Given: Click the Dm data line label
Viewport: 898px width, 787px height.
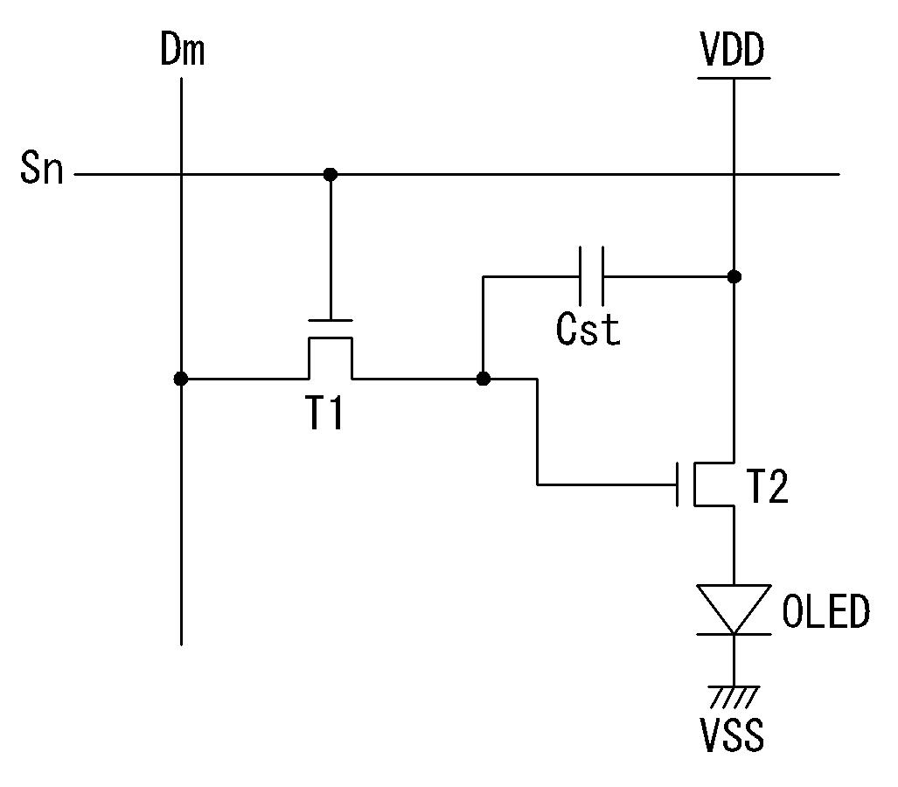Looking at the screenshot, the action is tap(182, 49).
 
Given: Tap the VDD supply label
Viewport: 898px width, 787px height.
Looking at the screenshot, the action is tap(733, 49).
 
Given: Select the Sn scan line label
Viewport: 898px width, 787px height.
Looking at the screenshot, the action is tap(41, 168).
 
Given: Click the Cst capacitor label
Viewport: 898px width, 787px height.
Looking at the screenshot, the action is tap(588, 329).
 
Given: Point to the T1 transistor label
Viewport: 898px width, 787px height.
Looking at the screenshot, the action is tap(324, 413).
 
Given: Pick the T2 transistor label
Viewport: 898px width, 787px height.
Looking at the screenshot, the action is tap(768, 486).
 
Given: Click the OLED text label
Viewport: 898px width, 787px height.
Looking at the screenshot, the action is tap(825, 611).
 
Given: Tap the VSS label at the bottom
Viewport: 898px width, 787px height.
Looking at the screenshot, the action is tap(733, 735).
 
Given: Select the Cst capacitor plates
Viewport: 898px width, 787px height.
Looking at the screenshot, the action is tap(591, 276).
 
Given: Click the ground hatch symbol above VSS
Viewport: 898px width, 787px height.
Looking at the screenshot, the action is tap(734, 697).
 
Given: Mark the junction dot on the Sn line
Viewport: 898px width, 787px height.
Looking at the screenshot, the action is tap(331, 174).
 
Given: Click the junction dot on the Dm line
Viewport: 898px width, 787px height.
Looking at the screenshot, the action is tap(181, 379).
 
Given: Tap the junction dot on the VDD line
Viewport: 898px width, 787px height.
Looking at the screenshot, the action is tap(734, 276).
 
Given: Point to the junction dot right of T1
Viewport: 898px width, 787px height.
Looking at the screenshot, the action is tap(484, 379).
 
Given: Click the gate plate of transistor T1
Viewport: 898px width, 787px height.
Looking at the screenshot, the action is tap(331, 320).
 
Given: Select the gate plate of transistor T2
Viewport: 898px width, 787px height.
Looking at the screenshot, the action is tap(678, 484).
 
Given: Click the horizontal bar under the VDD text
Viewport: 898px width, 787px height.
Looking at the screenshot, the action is tap(734, 78).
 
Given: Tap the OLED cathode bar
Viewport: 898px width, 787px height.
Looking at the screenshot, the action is tap(734, 633).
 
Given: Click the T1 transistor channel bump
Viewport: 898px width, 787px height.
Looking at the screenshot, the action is tap(331, 338).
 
